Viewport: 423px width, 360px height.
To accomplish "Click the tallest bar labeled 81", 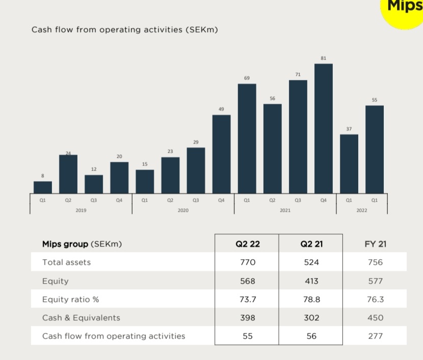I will tap(323, 128).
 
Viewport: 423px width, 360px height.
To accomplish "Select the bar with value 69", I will tap(247, 139).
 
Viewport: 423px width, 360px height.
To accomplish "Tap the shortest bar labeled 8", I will tap(43, 187).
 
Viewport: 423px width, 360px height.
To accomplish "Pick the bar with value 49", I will tap(221, 154).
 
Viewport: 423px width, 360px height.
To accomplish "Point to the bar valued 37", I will tap(349, 164).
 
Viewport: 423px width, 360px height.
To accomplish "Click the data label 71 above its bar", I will tap(298, 74).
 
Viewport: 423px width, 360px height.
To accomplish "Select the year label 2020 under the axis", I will tap(183, 210).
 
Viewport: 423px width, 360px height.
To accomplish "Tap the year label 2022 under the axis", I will tap(361, 210).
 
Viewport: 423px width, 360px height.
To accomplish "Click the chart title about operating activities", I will tap(125, 30).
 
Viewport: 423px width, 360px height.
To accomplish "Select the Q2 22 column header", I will tap(247, 244).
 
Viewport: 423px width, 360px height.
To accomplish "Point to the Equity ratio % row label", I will tap(70, 299).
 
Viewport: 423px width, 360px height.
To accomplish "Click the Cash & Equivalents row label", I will tap(81, 318).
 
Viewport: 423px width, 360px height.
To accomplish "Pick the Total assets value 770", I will tap(247, 262).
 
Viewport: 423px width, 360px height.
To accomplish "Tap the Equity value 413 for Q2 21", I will tap(311, 281).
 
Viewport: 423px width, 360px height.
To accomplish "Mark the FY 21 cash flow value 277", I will tap(375, 336).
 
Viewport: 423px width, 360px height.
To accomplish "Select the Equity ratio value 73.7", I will tap(247, 299).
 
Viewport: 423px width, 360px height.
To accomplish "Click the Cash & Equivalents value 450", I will tap(375, 318).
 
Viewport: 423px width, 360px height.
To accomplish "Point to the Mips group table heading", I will tap(82, 244).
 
